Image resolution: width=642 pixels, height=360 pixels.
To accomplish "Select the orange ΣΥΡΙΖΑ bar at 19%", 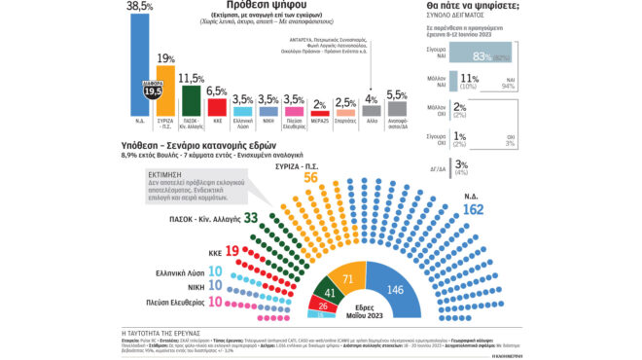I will (x=165, y=91).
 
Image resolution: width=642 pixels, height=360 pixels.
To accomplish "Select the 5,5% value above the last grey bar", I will (x=396, y=95).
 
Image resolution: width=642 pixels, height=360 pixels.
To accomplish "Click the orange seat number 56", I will (x=311, y=177).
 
